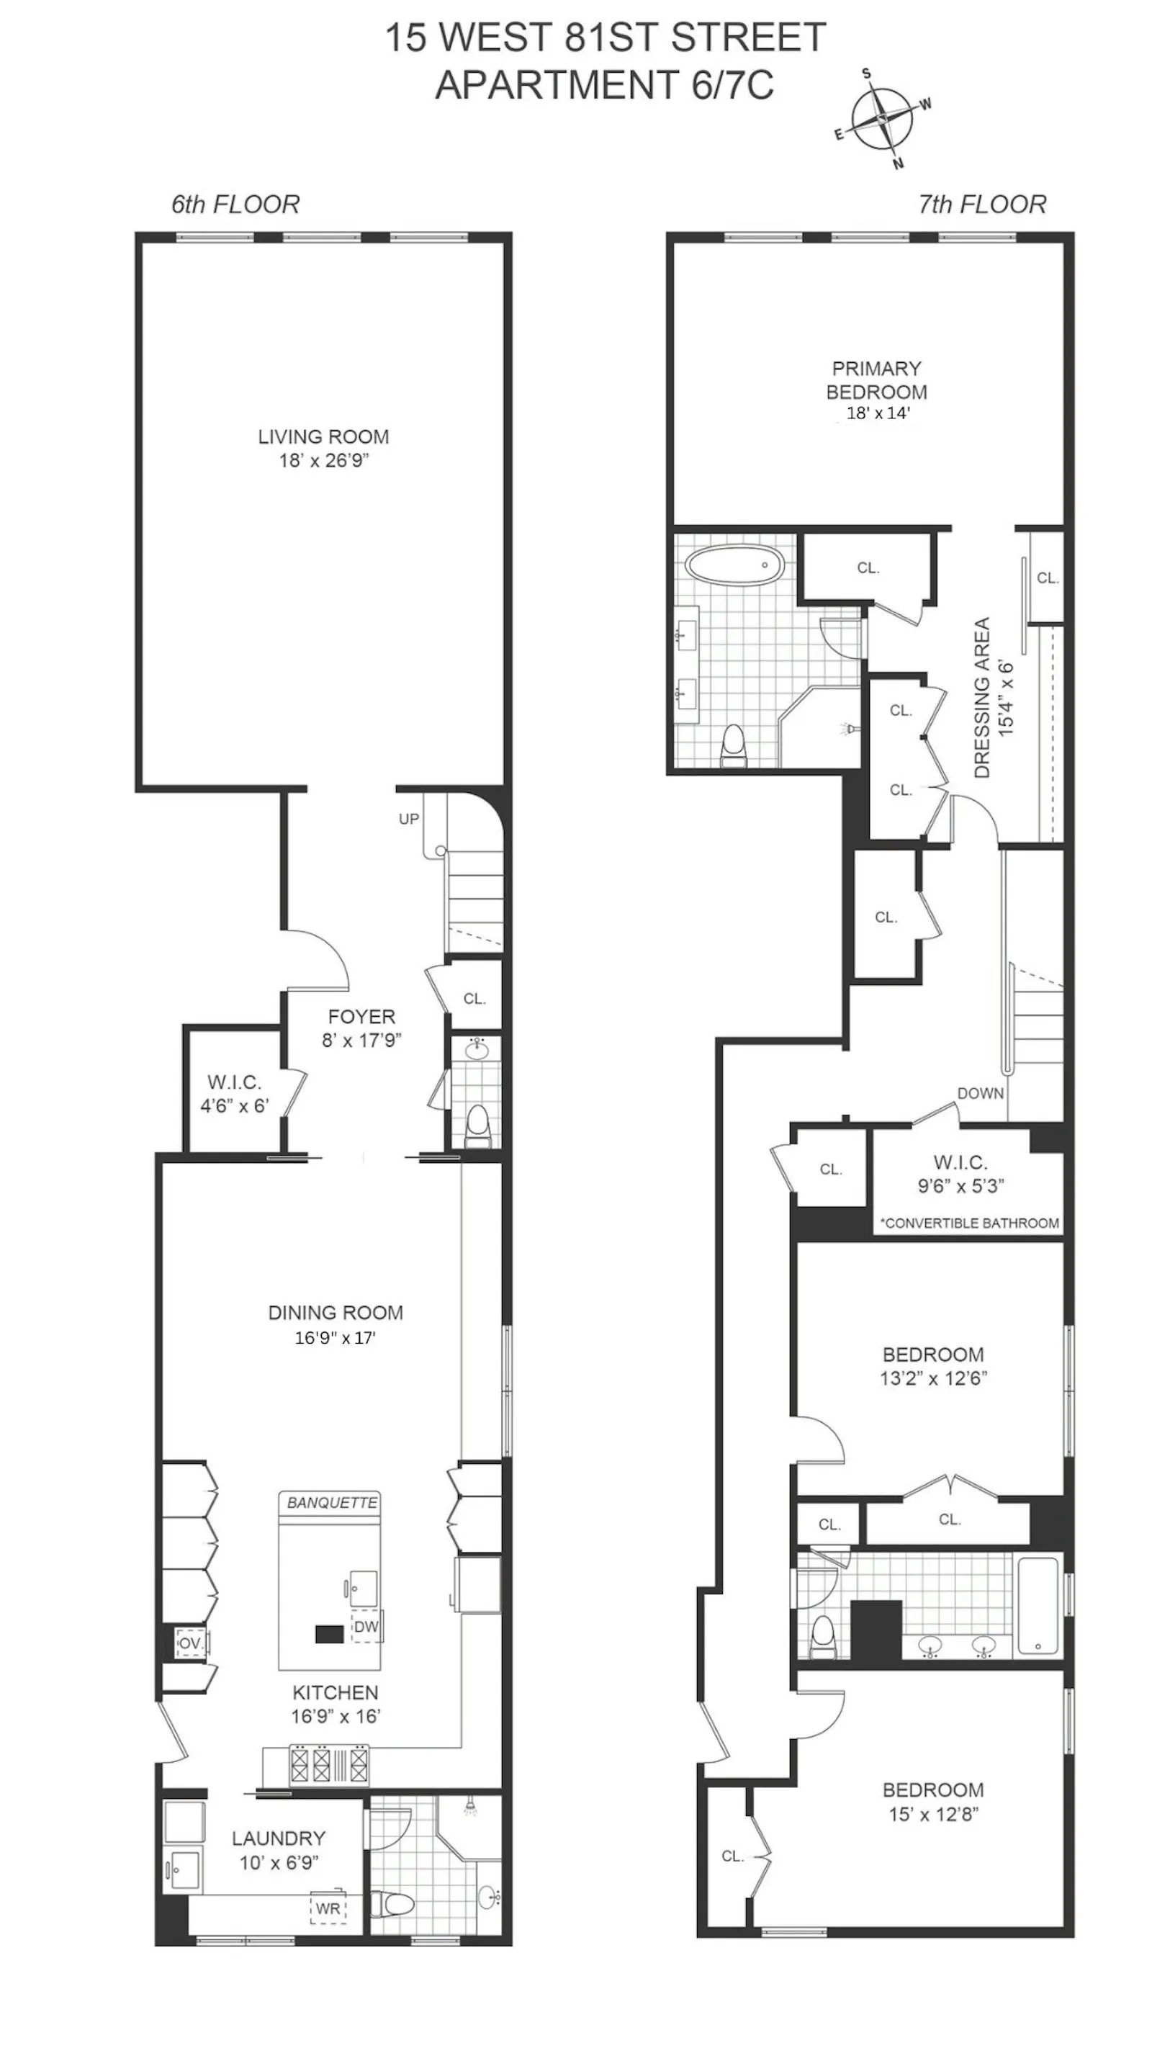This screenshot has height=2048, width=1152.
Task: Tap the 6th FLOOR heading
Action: pyautogui.click(x=235, y=205)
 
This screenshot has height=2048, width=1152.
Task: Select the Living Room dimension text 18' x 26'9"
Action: pyautogui.click(x=323, y=460)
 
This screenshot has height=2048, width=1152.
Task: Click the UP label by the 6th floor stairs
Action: pyautogui.click(x=409, y=819)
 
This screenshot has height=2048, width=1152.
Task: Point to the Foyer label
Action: pyautogui.click(x=361, y=1016)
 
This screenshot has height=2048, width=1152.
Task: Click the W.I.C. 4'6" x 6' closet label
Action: pyautogui.click(x=235, y=1093)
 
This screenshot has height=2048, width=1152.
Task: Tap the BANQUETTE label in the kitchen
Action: pyautogui.click(x=331, y=1503)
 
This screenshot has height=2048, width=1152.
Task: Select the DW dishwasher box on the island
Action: pyautogui.click(x=366, y=1627)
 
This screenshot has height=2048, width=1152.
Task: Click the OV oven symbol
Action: pyautogui.click(x=190, y=1643)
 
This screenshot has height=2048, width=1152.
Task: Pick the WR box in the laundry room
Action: pyautogui.click(x=328, y=1908)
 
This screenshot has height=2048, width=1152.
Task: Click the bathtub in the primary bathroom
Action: pyautogui.click(x=730, y=565)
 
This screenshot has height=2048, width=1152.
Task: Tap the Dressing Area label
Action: pyautogui.click(x=983, y=697)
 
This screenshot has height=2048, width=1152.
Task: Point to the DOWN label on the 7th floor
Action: pyautogui.click(x=980, y=1093)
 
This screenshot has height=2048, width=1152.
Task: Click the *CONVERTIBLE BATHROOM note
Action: pyautogui.click(x=970, y=1223)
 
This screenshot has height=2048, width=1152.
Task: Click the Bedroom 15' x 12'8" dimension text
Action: pyautogui.click(x=933, y=1814)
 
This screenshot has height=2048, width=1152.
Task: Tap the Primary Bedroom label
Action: pyautogui.click(x=876, y=380)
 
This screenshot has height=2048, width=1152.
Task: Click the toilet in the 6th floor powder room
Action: pyautogui.click(x=477, y=1126)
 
